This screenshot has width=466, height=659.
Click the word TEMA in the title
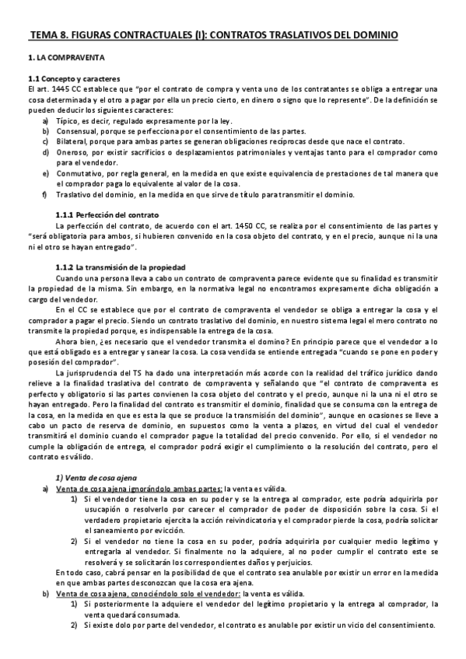coord(44,35)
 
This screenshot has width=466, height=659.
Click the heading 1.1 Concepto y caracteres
coord(72,78)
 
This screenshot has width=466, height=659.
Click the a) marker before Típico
coord(45,121)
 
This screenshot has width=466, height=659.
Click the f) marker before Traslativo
coord(45,194)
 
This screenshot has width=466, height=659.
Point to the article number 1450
coord(227,225)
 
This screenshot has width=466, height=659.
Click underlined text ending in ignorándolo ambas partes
coord(140,488)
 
